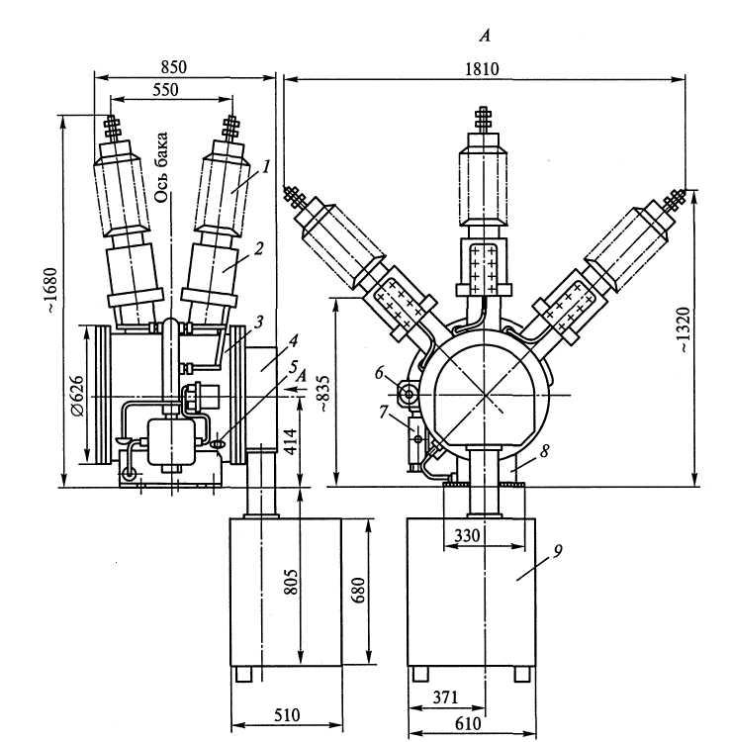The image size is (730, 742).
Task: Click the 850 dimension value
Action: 174,66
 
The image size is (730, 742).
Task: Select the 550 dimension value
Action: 165,89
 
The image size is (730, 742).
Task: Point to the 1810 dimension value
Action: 482,69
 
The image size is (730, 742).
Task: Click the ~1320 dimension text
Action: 685,329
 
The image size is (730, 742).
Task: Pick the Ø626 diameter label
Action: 77,396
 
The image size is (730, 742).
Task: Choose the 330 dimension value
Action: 467,535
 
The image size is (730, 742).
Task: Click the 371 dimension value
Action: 445,697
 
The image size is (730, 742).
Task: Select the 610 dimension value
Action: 468,723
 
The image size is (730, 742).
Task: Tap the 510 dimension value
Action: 287,714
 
